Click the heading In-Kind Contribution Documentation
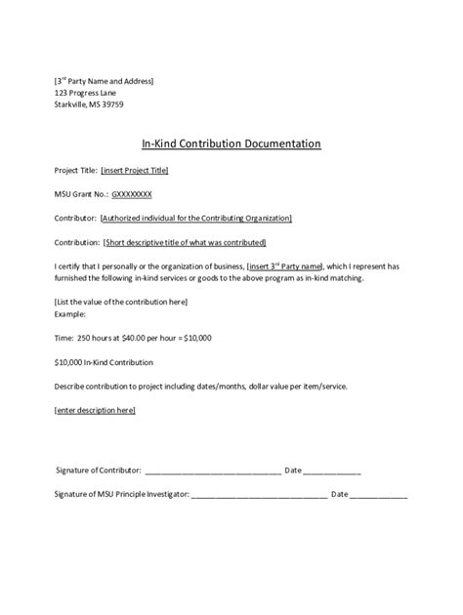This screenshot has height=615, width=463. coord(231,143)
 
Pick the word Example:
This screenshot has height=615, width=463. coord(70,313)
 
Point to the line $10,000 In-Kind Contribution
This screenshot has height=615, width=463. coord(106,362)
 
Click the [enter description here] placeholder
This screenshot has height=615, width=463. coord(96,410)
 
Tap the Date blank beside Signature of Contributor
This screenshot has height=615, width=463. coord(332,471)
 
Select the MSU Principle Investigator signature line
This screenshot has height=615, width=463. coord(260,495)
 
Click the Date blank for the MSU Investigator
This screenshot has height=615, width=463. coord(379,495)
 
